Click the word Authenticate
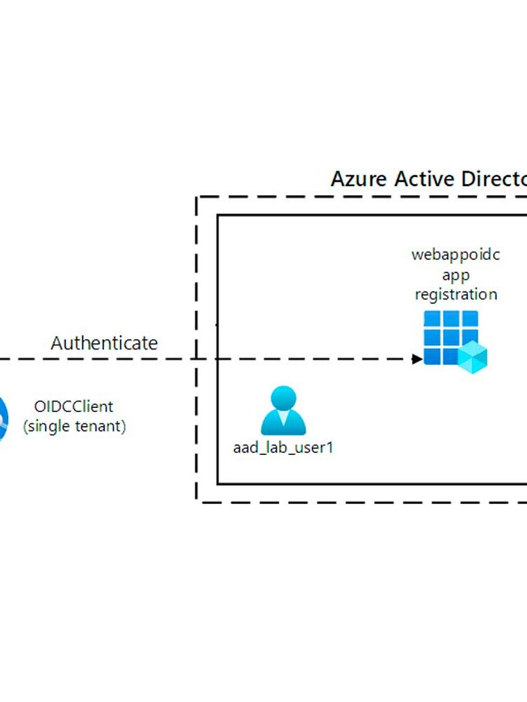[x=104, y=343]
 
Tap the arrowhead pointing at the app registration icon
[x=417, y=359]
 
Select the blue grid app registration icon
[x=450, y=338]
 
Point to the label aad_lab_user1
[x=282, y=447]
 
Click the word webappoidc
[x=455, y=255]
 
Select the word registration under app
[x=455, y=294]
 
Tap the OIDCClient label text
[x=74, y=406]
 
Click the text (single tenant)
[x=74, y=426]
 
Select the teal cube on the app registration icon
[x=472, y=357]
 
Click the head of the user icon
[x=284, y=398]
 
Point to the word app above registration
[x=455, y=274]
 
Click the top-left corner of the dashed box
[x=197, y=197]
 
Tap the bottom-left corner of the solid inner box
[x=218, y=484]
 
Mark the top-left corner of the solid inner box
[x=218, y=215]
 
